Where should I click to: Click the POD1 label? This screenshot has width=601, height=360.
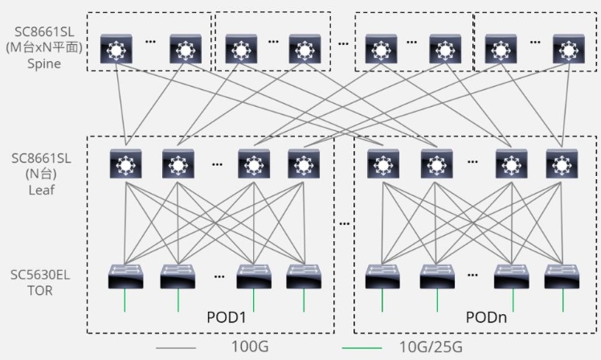[226, 317]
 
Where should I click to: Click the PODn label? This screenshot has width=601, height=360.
[486, 317]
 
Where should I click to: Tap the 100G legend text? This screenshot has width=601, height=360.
[250, 346]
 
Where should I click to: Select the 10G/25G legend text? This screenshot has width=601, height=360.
[431, 347]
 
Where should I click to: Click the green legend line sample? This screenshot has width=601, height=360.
[362, 348]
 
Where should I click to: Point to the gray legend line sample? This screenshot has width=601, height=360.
[176, 348]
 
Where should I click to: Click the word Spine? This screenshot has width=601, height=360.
[44, 63]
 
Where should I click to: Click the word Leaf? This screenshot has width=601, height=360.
[42, 190]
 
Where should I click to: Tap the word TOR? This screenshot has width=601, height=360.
[40, 291]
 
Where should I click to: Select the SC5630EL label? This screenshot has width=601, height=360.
[40, 275]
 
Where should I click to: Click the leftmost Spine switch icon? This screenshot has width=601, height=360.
[117, 49]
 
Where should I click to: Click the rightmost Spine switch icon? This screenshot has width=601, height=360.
[569, 49]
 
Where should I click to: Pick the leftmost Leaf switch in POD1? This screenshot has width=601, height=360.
[125, 164]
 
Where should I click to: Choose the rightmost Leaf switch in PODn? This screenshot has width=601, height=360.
[562, 164]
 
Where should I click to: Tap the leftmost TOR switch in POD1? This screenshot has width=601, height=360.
[125, 276]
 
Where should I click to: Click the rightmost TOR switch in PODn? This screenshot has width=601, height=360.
[562, 276]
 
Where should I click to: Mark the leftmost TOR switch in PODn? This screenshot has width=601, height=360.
[382, 276]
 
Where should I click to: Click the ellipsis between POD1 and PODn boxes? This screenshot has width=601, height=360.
[344, 223]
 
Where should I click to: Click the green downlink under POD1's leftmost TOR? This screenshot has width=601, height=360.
[125, 301]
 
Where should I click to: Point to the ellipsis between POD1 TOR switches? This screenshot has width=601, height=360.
[219, 276]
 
